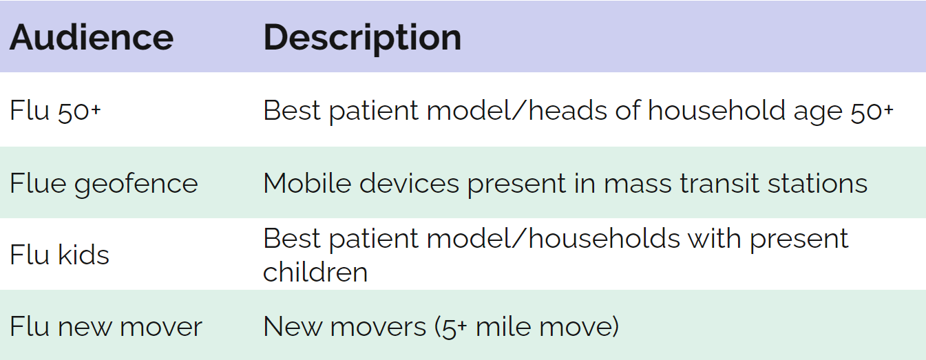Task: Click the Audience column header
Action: [x=92, y=38]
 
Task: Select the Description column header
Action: [x=362, y=39]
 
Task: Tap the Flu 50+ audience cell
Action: [x=55, y=111]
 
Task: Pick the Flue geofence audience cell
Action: [x=104, y=184]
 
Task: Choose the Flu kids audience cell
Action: [x=59, y=254]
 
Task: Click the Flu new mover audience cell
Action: [x=106, y=326]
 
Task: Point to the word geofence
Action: [x=136, y=184]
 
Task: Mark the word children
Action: [x=315, y=272]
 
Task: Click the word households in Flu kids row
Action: [x=604, y=238]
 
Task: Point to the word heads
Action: [x=568, y=110]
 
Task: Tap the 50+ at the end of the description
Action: [x=872, y=112]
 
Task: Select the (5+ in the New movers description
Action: [x=450, y=328]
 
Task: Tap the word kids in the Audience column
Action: [x=83, y=254]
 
